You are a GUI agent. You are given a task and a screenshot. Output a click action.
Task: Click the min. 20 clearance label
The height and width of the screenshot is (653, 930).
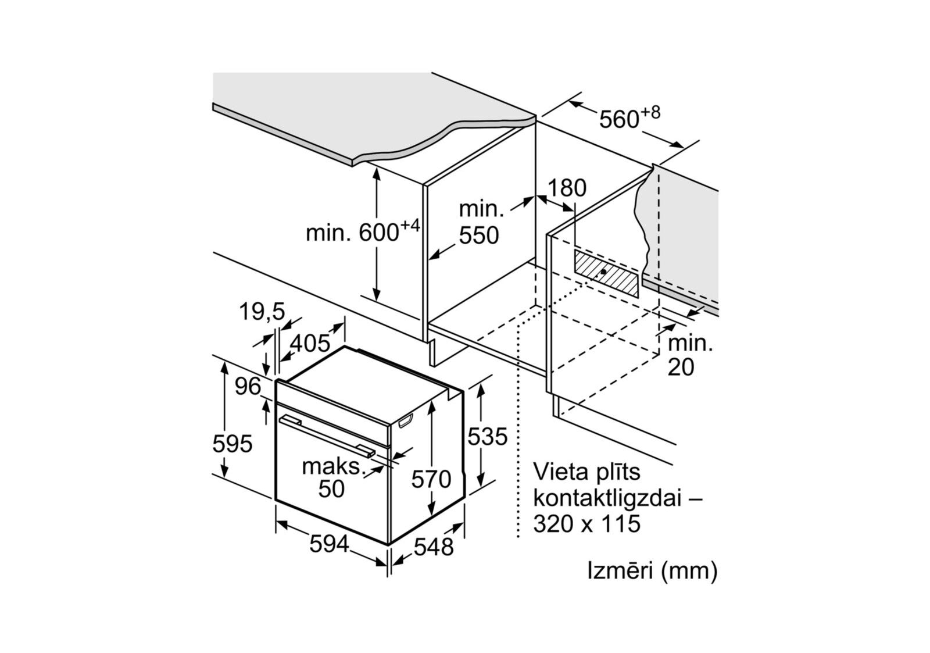(x=689, y=355)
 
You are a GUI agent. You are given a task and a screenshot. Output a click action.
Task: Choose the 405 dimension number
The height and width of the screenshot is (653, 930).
(x=310, y=343)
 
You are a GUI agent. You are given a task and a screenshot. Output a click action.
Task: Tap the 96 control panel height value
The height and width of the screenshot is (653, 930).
(x=248, y=386)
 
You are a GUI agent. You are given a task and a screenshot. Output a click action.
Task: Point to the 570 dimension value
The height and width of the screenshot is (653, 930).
(x=431, y=479)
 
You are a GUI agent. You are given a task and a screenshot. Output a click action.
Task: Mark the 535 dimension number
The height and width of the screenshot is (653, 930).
(x=488, y=436)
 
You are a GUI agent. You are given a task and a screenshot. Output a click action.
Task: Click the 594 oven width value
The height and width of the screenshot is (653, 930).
(x=329, y=544)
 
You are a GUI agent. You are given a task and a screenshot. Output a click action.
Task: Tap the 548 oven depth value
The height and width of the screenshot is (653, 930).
(x=434, y=547)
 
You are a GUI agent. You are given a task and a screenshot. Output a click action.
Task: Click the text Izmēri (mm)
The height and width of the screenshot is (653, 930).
(x=652, y=570)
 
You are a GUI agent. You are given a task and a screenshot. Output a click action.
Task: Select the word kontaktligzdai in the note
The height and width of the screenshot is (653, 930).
(x=607, y=498)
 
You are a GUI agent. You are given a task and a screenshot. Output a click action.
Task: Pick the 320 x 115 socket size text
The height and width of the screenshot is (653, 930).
(x=586, y=524)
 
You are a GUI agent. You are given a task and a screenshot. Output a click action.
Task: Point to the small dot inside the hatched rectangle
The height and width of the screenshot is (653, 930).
(x=605, y=272)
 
